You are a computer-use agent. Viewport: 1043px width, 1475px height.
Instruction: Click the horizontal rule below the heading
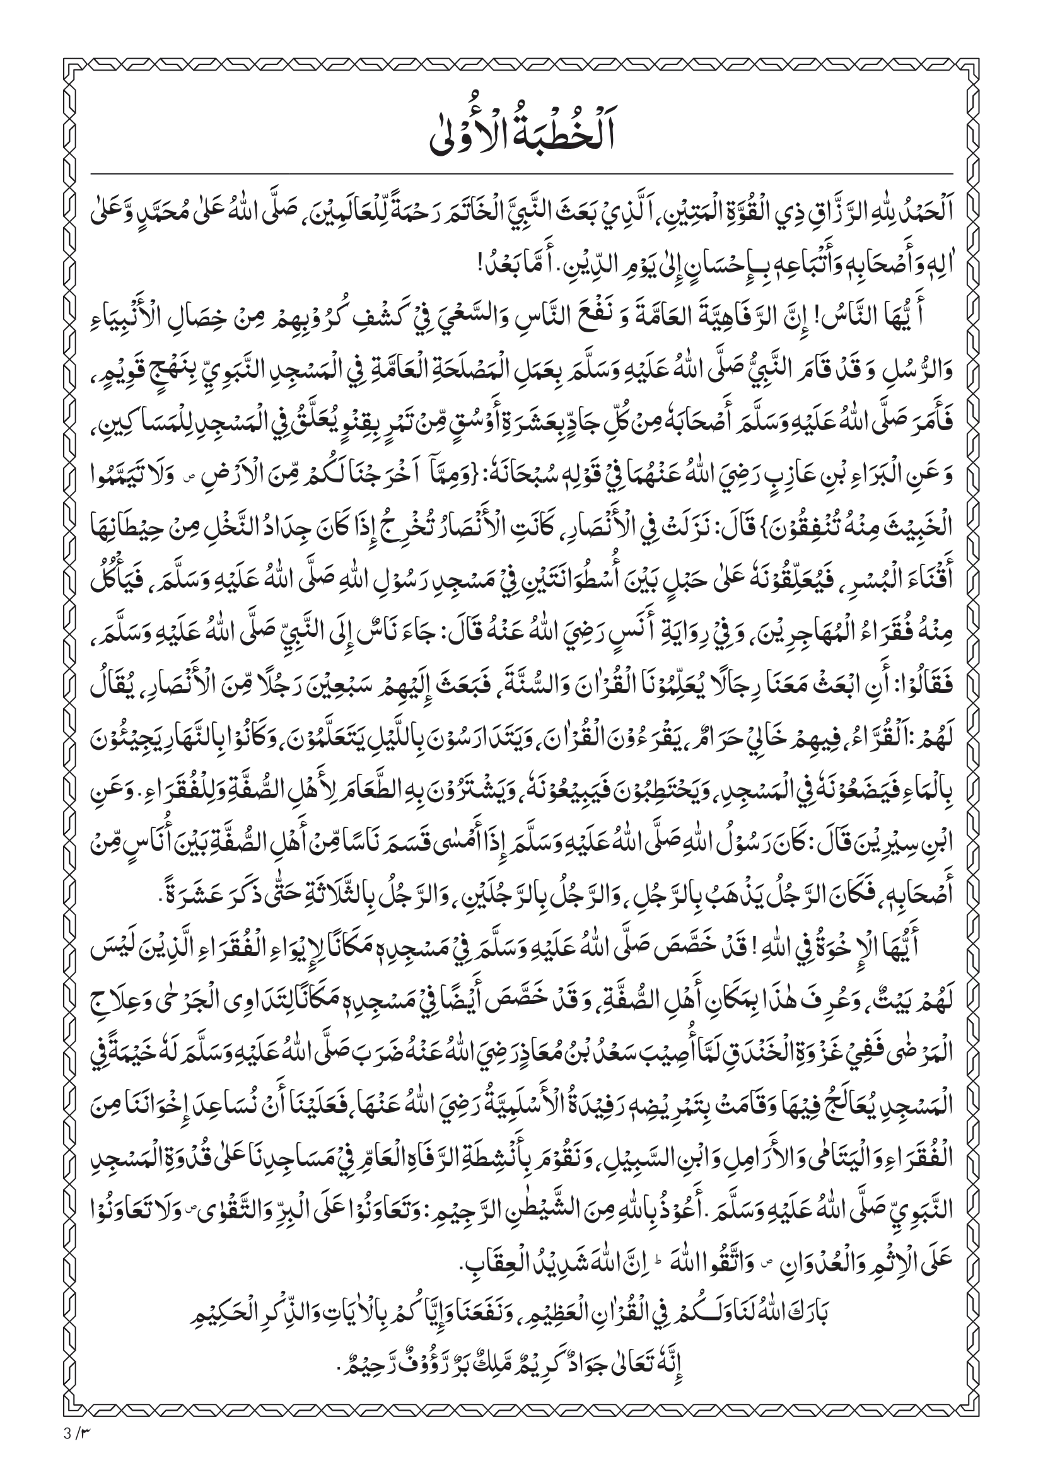pyautogui.click(x=521, y=174)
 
